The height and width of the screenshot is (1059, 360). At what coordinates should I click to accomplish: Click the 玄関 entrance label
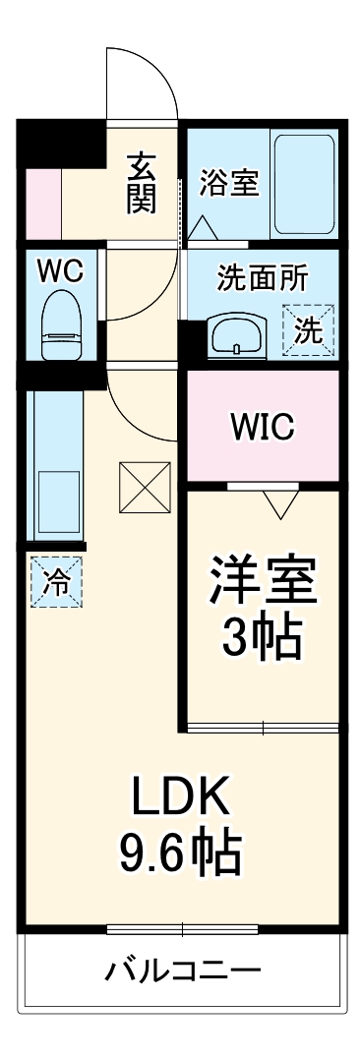[x=141, y=181]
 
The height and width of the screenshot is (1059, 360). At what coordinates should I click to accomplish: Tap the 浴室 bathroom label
[x=229, y=183]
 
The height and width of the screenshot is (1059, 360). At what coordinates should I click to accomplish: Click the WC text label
[x=60, y=272]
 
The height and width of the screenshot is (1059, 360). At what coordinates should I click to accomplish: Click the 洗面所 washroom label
[x=262, y=278]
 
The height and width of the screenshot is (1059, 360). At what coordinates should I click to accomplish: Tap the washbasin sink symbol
[x=236, y=335]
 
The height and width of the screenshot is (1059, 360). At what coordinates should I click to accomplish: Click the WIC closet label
[x=262, y=427]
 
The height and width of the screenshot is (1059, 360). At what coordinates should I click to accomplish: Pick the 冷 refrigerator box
[x=56, y=581]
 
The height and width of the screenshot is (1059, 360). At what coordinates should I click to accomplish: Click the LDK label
[x=181, y=796]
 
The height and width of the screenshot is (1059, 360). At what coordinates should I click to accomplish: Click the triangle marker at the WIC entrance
[x=281, y=502]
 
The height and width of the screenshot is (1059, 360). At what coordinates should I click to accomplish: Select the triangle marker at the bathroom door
[x=204, y=228]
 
